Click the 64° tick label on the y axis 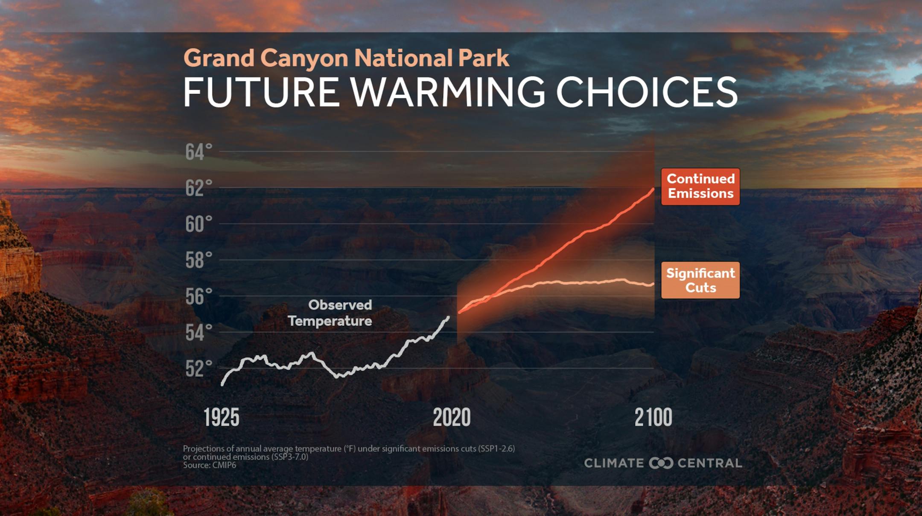tap(198, 152)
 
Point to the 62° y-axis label tap(198, 188)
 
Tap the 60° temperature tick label tap(198, 224)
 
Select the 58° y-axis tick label tap(198, 260)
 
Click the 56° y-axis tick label tap(198, 296)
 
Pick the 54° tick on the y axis tap(198, 332)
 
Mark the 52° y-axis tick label tap(198, 369)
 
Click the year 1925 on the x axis tap(222, 417)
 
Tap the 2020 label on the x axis tap(452, 417)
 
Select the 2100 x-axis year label tap(653, 417)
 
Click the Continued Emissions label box tap(700, 187)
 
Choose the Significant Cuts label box tap(700, 280)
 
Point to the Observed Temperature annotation tap(330, 313)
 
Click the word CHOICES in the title tap(647, 92)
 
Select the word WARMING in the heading tap(448, 92)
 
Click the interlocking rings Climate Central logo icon tap(661, 463)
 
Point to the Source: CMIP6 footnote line tap(210, 465)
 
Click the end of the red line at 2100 tap(653, 189)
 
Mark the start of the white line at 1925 tap(222, 384)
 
